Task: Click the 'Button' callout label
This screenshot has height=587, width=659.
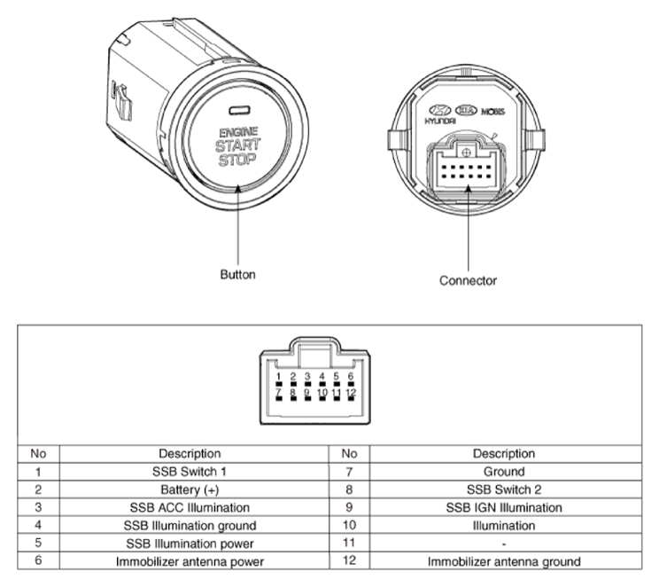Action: tap(237, 274)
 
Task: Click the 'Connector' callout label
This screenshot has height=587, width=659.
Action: tap(468, 280)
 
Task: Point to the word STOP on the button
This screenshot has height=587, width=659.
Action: tap(236, 160)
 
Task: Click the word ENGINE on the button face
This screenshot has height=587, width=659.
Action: tap(236, 132)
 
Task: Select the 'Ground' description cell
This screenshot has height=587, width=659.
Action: tap(505, 472)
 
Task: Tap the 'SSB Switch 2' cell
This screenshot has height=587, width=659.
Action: tap(505, 489)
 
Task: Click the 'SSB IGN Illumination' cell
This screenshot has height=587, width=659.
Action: tap(505, 507)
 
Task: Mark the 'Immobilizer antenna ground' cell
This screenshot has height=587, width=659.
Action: tap(505, 560)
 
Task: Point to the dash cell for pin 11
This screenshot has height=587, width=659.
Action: tap(505, 543)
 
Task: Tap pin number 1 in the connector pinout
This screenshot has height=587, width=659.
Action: tap(278, 377)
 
